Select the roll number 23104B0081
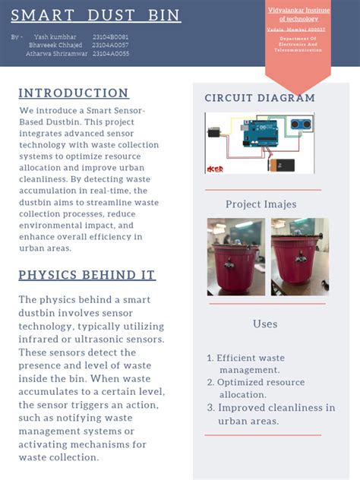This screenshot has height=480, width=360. pyautogui.click(x=110, y=36)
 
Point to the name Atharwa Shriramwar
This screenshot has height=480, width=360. pyautogui.click(x=56, y=53)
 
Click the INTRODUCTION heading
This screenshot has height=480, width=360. pyautogui.click(x=74, y=93)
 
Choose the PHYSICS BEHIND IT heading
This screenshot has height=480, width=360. pyautogui.click(x=87, y=274)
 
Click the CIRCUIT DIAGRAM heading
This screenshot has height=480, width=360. pyautogui.click(x=260, y=98)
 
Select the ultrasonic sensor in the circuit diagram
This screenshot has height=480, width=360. pyautogui.click(x=303, y=125)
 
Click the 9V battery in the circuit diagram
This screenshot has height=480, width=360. pyautogui.click(x=286, y=163)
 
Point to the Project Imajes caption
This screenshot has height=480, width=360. pyautogui.click(x=261, y=204)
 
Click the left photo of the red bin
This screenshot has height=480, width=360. pyautogui.click(x=236, y=257)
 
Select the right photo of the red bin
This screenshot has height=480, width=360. pyautogui.click(x=299, y=257)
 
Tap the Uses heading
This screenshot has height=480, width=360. pyautogui.click(x=264, y=324)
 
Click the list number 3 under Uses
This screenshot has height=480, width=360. pyautogui.click(x=211, y=408)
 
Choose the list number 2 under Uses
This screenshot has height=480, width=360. pyautogui.click(x=211, y=383)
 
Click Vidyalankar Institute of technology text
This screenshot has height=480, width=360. pyautogui.click(x=298, y=14)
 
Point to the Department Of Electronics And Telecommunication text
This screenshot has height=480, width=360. pyautogui.click(x=298, y=43)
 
